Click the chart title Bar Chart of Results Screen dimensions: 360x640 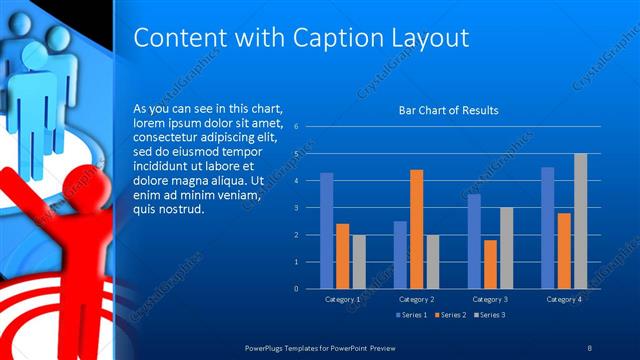coord(448,110)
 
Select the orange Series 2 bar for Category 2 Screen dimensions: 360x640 coord(416,229)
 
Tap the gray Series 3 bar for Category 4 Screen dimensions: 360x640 coord(580,220)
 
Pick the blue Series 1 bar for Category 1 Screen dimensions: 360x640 coord(326,230)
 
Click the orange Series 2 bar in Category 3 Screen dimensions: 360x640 coord(490,264)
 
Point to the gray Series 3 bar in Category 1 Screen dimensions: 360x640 coord(358,261)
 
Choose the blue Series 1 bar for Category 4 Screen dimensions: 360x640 coord(548,227)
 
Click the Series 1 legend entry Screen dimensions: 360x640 coord(414,315)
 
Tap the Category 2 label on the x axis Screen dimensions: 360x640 coord(416,298)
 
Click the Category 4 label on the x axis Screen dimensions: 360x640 coord(564,298)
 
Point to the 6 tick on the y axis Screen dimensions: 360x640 coord(297,127)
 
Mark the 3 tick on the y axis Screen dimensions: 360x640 coord(297,208)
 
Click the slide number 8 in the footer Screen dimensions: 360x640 coord(590,347)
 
